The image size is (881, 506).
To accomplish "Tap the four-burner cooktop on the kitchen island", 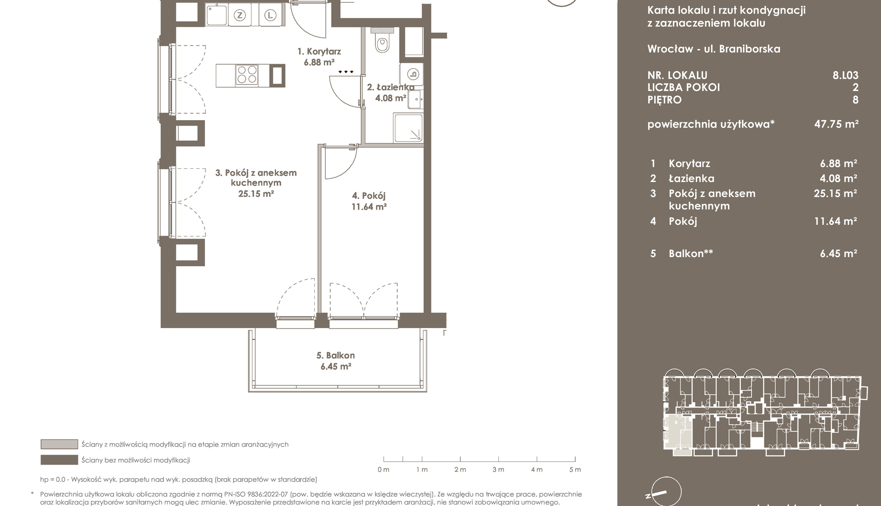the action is click(x=246, y=76).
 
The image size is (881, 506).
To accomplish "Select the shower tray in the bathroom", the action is click(x=408, y=128).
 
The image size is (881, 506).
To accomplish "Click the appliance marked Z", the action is click(x=240, y=15).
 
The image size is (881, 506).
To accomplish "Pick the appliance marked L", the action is click(x=271, y=15).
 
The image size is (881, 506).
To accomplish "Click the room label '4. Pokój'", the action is click(x=369, y=196).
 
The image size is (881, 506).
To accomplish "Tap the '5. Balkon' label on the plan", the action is click(x=336, y=355).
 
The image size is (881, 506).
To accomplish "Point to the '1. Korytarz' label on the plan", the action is click(x=319, y=51).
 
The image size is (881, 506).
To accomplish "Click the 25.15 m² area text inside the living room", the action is click(x=256, y=194).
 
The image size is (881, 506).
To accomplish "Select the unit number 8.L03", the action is click(x=845, y=75).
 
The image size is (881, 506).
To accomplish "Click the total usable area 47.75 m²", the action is click(x=836, y=124).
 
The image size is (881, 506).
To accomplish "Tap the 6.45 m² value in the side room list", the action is click(x=839, y=253).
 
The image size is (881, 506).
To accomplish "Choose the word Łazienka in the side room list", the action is click(x=691, y=178).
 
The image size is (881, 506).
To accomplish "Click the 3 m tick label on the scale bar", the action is click(x=498, y=470).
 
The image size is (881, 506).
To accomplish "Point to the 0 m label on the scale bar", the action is click(x=384, y=470).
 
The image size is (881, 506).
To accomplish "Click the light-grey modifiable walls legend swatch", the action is click(x=59, y=444).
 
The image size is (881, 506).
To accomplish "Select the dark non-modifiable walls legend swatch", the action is click(x=59, y=460).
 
